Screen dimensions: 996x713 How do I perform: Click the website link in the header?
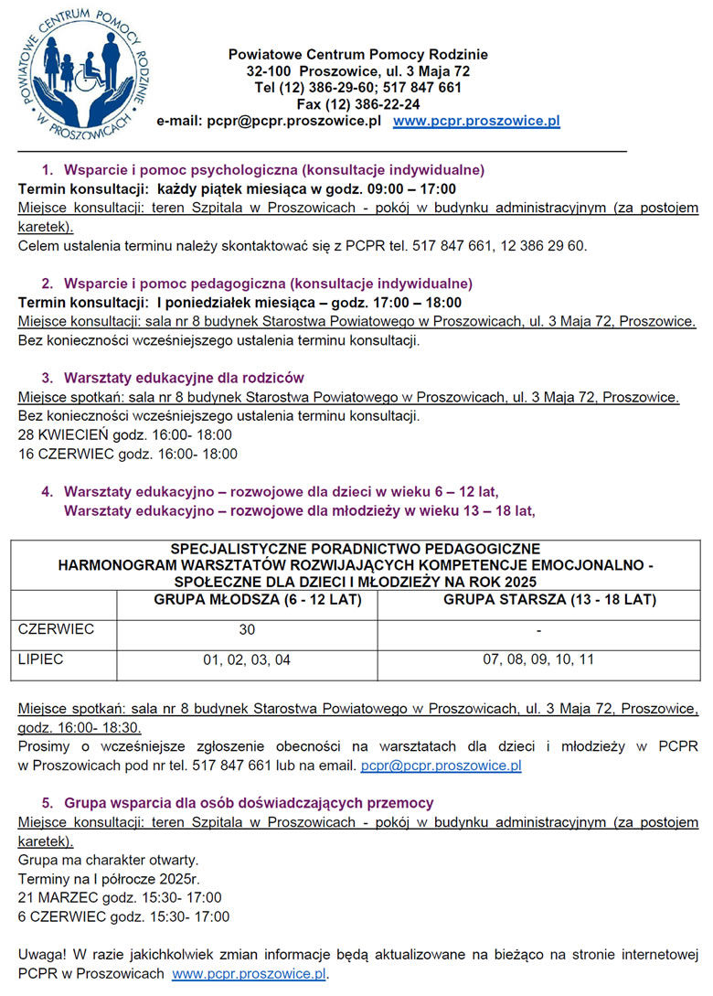pyautogui.click(x=476, y=121)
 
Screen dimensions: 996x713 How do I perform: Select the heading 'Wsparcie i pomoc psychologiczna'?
pyautogui.click(x=273, y=170)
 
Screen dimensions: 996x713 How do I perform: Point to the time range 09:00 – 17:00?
pyautogui.click(x=399, y=189)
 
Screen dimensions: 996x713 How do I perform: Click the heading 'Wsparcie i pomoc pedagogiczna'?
pyautogui.click(x=268, y=284)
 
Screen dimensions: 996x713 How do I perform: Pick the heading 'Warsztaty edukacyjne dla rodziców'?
pyautogui.click(x=184, y=378)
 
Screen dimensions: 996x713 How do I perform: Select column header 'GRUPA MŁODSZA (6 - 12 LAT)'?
pyautogui.click(x=247, y=601)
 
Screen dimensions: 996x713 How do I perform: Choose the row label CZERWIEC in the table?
pyautogui.click(x=57, y=629)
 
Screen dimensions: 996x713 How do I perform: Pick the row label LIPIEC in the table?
pyautogui.click(x=41, y=659)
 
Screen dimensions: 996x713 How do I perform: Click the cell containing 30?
pyautogui.click(x=247, y=630)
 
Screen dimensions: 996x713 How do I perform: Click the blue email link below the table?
pyautogui.click(x=442, y=766)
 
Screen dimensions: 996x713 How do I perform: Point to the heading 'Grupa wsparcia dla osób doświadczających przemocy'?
pyautogui.click(x=249, y=803)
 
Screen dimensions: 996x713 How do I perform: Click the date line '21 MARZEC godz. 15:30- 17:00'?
pyautogui.click(x=120, y=897)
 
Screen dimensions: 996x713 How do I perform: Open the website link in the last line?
pyautogui.click(x=249, y=974)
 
